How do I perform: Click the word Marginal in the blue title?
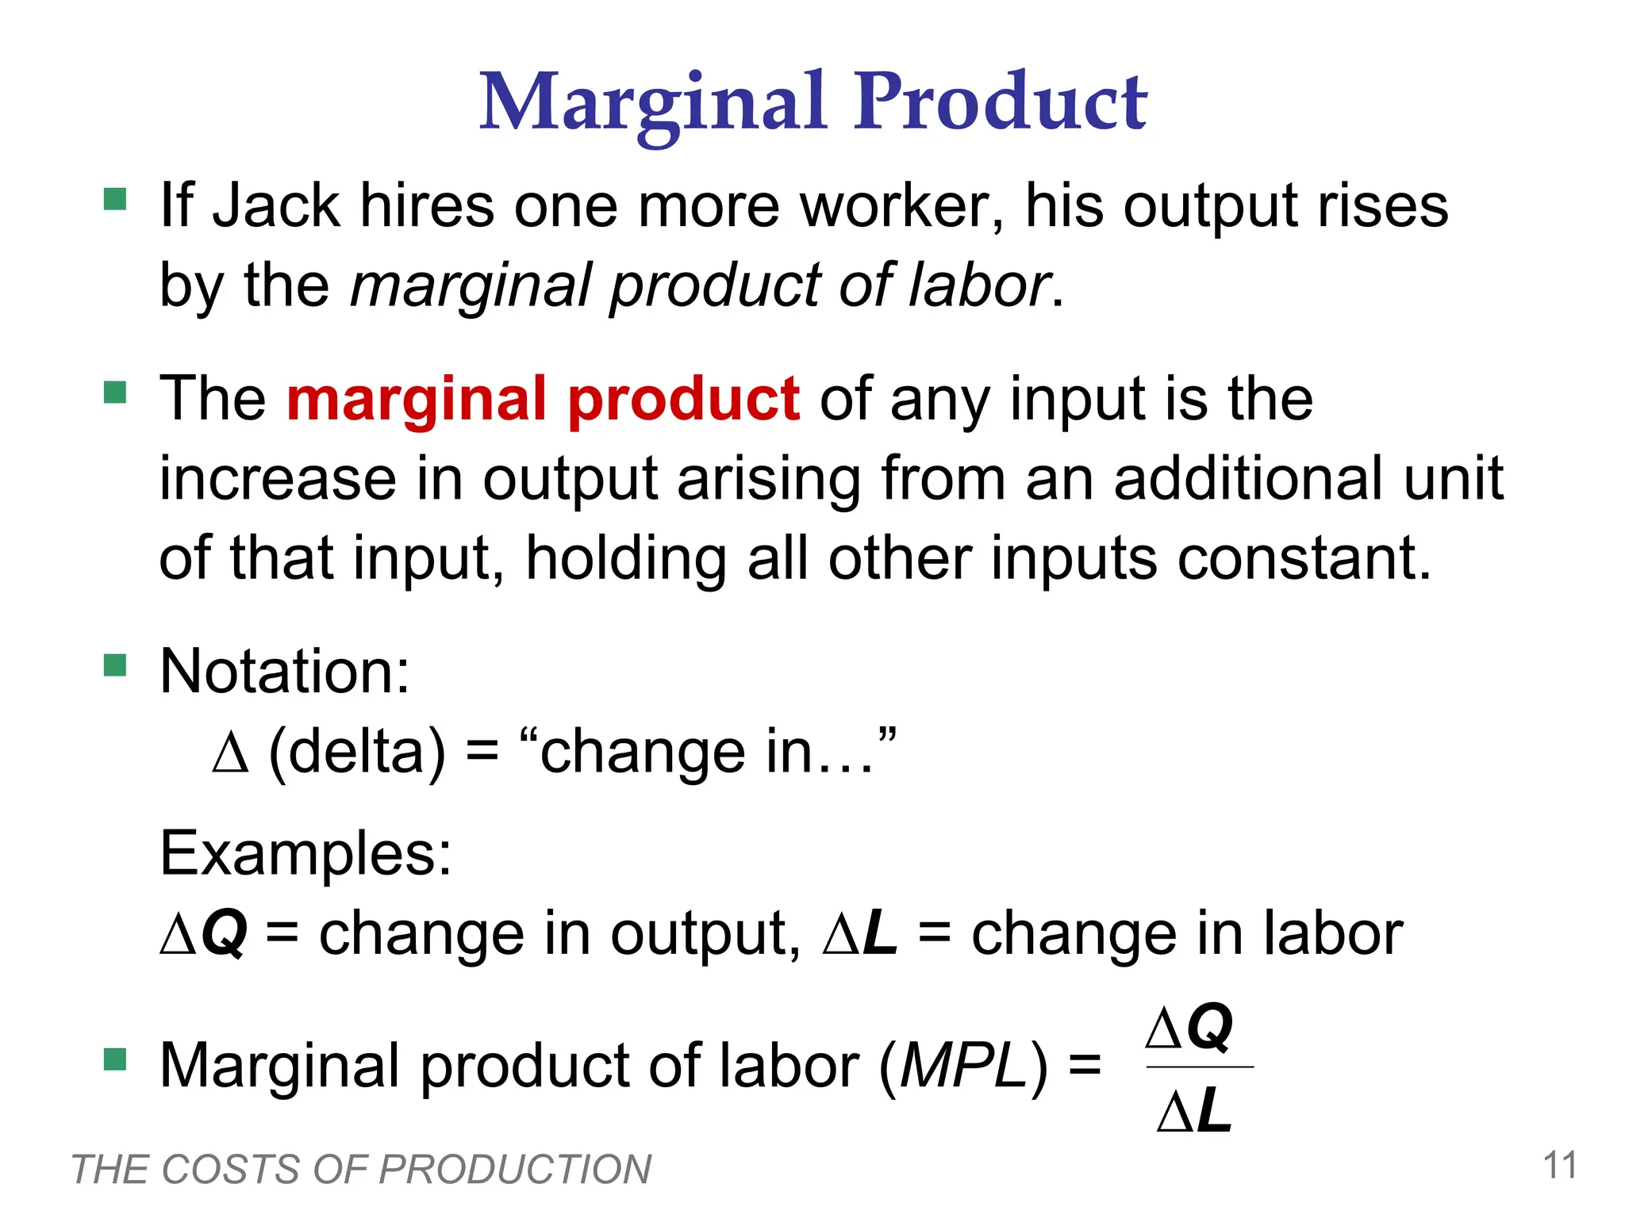(x=653, y=103)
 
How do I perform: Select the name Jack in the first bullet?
(x=277, y=205)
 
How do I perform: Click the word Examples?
(x=305, y=853)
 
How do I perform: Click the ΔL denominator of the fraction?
(x=1194, y=1110)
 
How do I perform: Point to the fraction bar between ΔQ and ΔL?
(x=1199, y=1067)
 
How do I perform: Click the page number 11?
(x=1559, y=1166)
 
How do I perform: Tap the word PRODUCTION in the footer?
(x=516, y=1170)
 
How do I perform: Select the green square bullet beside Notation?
(x=116, y=665)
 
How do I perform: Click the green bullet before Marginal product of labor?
(x=116, y=1059)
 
